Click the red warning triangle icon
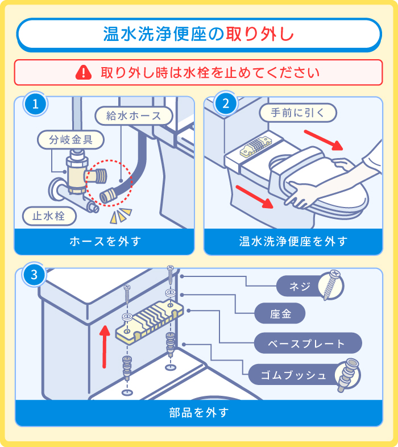[84, 72]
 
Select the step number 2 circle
[225, 104]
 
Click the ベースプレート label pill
[307, 343]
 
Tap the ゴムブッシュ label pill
[294, 375]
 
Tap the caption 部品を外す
[198, 412]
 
